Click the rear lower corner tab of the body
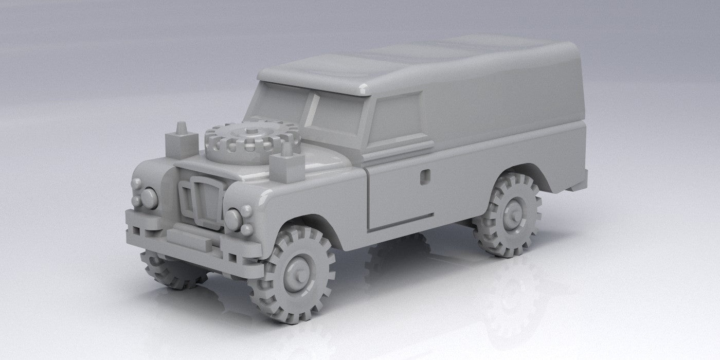[x=579, y=185]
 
